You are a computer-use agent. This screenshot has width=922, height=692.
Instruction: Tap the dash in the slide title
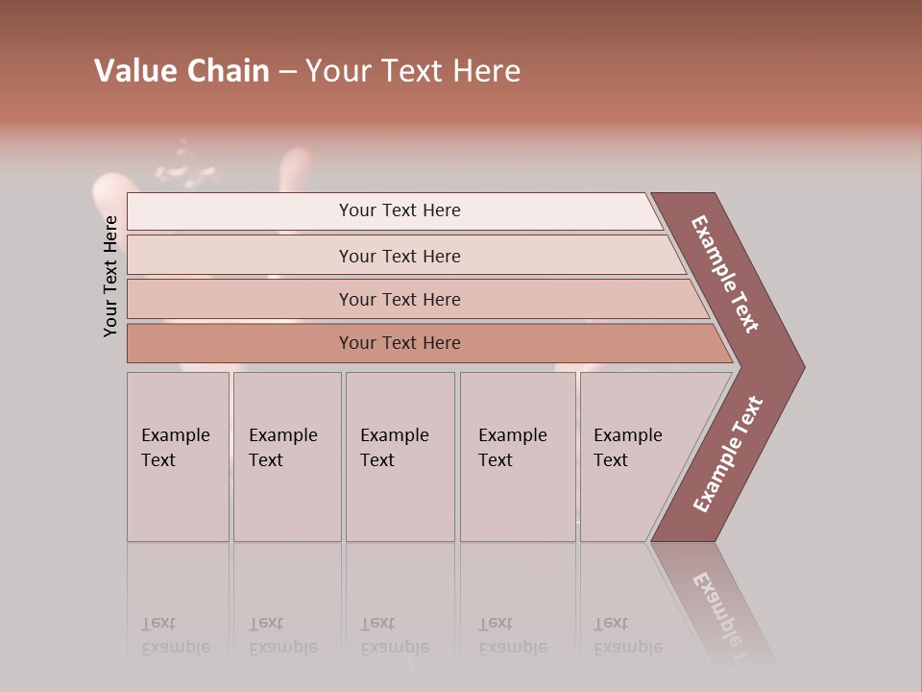[x=287, y=72]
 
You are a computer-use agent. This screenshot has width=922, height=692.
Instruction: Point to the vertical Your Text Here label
[x=110, y=276]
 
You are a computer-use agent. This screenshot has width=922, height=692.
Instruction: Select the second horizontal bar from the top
[x=399, y=256]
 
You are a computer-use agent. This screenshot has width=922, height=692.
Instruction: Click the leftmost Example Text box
[x=178, y=457]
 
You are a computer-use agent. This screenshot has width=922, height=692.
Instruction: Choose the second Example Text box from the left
[x=286, y=457]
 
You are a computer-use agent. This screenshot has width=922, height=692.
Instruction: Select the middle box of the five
[x=400, y=457]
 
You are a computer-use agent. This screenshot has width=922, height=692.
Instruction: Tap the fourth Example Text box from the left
[x=517, y=457]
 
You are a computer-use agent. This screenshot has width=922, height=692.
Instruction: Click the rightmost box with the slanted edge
[x=634, y=457]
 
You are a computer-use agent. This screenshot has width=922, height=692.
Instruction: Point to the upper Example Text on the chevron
[x=725, y=274]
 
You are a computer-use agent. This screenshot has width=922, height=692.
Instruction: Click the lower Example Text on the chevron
[x=727, y=455]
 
